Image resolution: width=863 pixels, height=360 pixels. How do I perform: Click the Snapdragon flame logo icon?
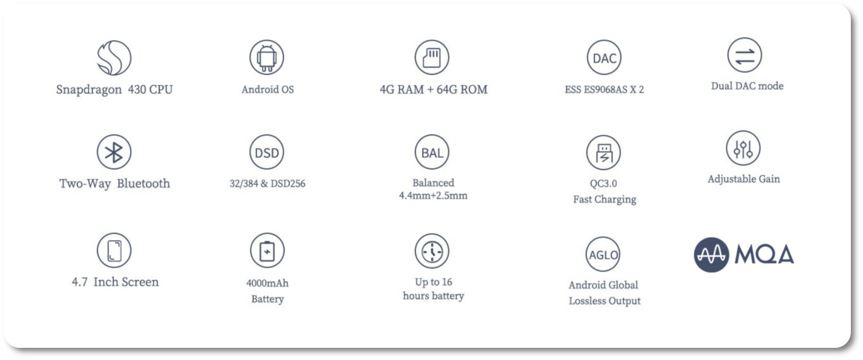(x=114, y=58)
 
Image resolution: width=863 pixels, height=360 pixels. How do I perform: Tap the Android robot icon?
(x=267, y=57)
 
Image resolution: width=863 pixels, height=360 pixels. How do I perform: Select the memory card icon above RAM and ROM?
(x=432, y=57)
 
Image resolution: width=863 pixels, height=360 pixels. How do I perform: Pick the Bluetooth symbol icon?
(x=114, y=152)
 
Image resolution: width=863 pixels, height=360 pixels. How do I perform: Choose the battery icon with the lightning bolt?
(x=267, y=250)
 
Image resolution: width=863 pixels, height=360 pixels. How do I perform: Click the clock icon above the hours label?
(x=432, y=251)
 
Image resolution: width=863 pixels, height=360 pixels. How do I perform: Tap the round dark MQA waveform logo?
(x=711, y=255)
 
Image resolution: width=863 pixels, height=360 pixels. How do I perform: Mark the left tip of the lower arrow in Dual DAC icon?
(x=735, y=60)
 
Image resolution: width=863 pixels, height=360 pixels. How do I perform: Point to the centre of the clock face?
(x=432, y=251)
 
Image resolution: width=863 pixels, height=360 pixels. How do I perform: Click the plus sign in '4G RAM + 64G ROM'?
(x=431, y=90)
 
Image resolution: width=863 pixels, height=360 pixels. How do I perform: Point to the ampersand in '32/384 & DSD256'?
(x=264, y=184)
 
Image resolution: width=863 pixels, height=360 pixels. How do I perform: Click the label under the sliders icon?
(x=743, y=179)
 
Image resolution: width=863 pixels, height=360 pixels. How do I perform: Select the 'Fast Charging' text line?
(x=605, y=200)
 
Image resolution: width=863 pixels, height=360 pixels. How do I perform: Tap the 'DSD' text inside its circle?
(x=267, y=153)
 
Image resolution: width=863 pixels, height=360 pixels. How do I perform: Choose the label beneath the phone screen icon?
(x=115, y=282)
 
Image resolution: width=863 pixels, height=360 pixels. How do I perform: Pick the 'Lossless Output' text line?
(x=605, y=301)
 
